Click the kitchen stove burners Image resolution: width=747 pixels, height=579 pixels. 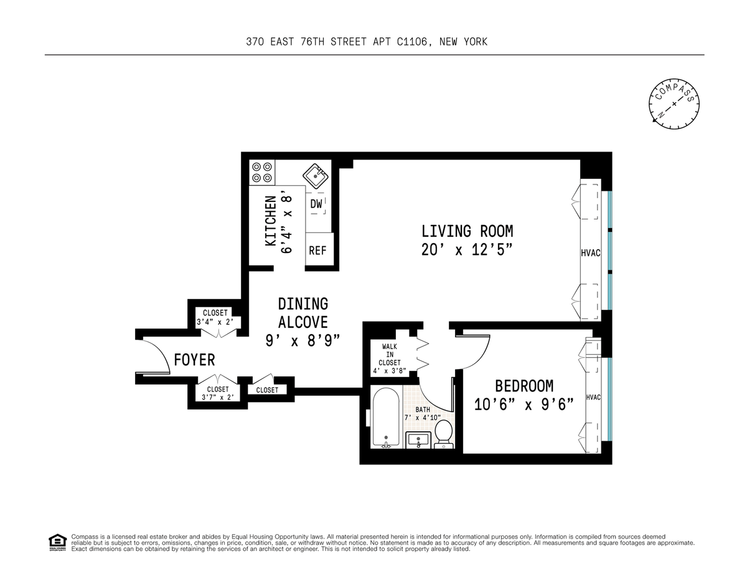click(x=262, y=173)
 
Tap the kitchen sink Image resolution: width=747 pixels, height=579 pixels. click(x=316, y=176)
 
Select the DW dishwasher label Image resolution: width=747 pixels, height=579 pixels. click(x=316, y=204)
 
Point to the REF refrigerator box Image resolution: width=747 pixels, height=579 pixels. click(x=319, y=249)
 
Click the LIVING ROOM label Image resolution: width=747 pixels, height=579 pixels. click(x=467, y=231)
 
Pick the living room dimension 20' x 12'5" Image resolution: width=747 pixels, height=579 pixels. click(x=467, y=250)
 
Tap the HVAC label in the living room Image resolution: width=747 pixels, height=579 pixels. click(x=591, y=253)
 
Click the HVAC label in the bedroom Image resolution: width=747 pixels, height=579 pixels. click(x=593, y=398)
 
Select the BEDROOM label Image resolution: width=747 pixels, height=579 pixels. click(x=524, y=386)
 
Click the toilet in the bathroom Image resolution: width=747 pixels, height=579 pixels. click(x=443, y=434)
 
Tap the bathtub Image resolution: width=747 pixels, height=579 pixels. click(x=386, y=418)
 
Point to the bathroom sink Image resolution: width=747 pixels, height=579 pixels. click(x=418, y=440)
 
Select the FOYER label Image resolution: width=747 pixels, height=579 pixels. click(x=194, y=360)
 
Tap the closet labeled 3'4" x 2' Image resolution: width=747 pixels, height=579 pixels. click(x=215, y=317)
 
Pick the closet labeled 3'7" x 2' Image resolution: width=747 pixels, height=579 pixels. click(x=218, y=393)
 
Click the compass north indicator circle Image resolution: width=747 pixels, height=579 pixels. click(x=674, y=104)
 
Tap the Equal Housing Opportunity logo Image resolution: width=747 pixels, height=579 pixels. click(x=57, y=542)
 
